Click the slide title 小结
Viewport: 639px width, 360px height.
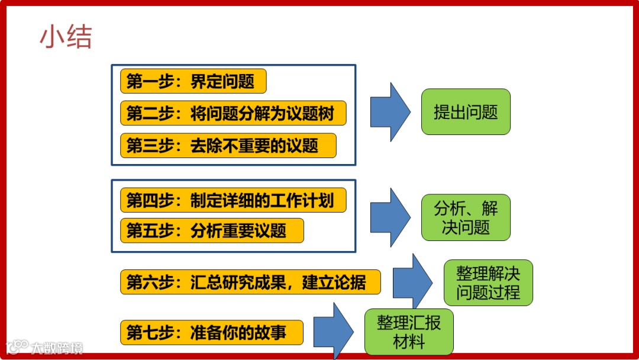pyautogui.click(x=66, y=37)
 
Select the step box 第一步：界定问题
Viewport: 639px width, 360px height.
pyautogui.click(x=193, y=82)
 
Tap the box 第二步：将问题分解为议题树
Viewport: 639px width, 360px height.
pyautogui.click(x=233, y=113)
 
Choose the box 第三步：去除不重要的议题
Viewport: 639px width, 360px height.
pyautogui.click(x=228, y=146)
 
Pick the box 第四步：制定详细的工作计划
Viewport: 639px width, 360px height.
pyautogui.click(x=233, y=201)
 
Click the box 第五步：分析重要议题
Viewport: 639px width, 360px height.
pyautogui.click(x=212, y=230)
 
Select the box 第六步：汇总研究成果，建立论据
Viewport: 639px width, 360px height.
pyautogui.click(x=250, y=282)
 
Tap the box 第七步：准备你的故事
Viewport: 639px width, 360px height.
pyautogui.click(x=212, y=332)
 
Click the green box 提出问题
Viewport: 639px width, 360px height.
pyautogui.click(x=466, y=112)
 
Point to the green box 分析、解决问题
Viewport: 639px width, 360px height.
pyautogui.click(x=466, y=217)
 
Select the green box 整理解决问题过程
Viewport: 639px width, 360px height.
pyautogui.click(x=488, y=282)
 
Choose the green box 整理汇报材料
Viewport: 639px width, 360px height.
pyautogui.click(x=409, y=332)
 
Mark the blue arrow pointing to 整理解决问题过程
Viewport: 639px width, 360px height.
pyautogui.click(x=413, y=282)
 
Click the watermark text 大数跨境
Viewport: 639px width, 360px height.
pyautogui.click(x=57, y=348)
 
